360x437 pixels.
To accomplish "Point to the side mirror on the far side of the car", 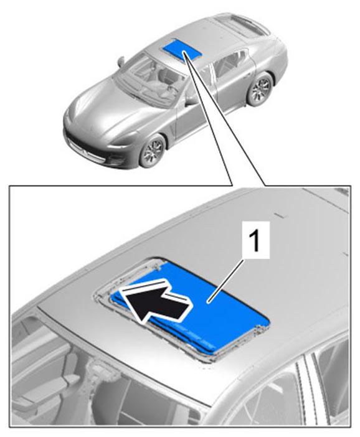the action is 121,62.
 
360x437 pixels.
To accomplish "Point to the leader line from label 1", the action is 226,280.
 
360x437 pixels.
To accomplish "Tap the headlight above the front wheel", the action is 124,144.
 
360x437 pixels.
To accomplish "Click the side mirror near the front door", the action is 191,100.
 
